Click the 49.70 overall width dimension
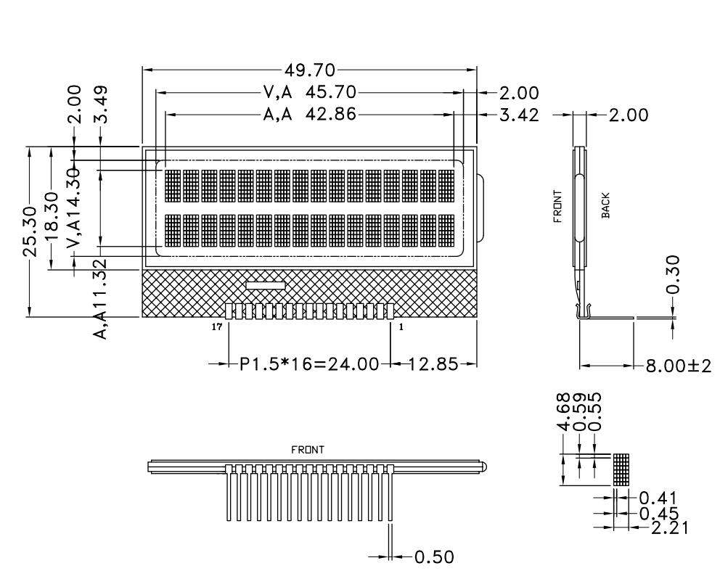310,70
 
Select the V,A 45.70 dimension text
310,93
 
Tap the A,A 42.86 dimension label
310,115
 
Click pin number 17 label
216,328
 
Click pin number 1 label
401,328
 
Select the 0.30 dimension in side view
673,275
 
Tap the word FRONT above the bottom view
308,450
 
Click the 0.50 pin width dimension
434,557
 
